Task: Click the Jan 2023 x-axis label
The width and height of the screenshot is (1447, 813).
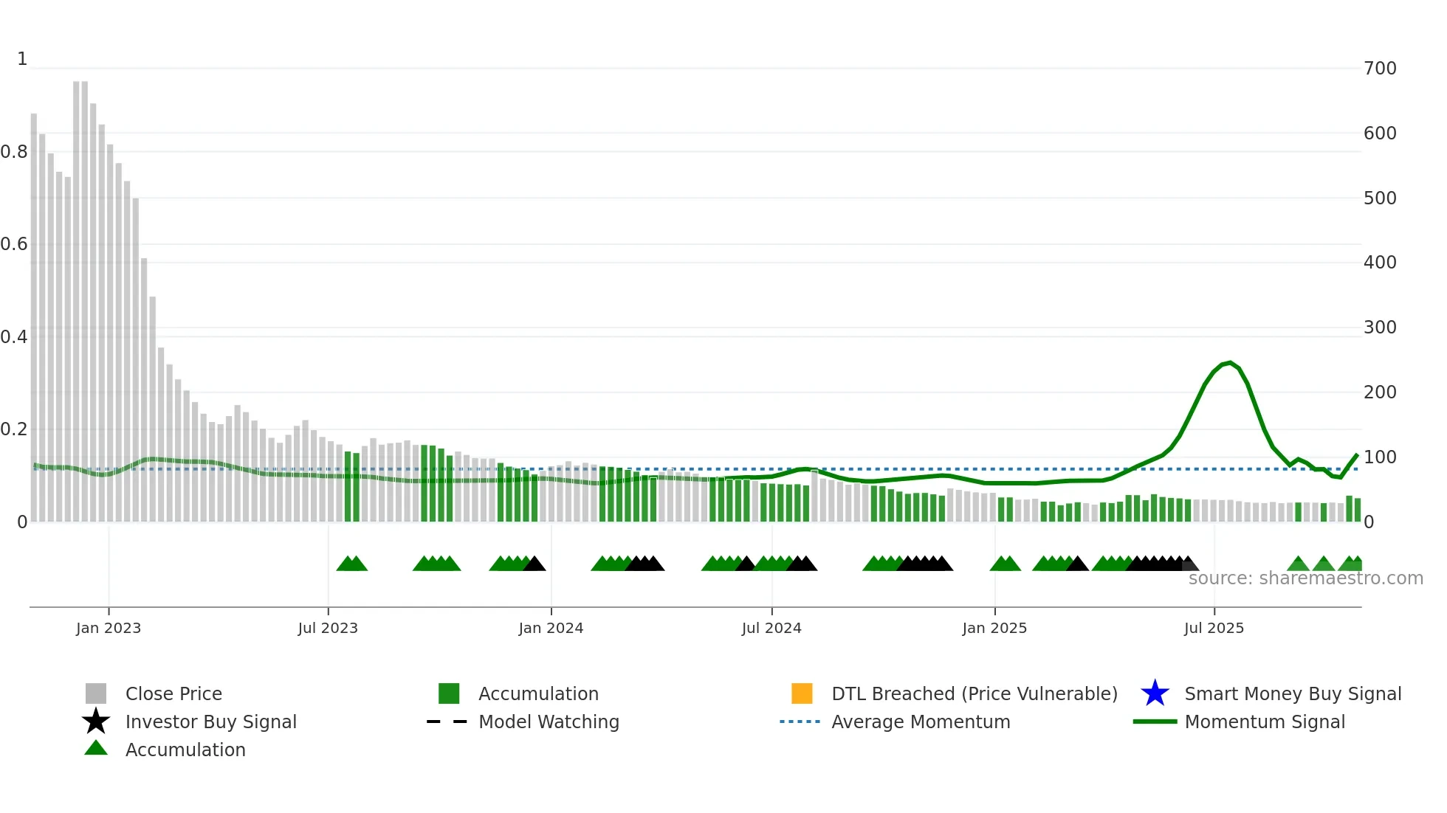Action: coord(108,628)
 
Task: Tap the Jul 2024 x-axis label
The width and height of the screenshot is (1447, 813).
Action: coord(771,628)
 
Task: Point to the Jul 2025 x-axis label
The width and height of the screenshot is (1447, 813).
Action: coord(1214,628)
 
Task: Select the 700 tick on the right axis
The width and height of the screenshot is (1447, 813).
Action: coord(1380,69)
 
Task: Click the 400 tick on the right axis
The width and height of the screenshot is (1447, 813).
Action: coord(1380,263)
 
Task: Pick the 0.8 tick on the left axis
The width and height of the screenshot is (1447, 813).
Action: coord(14,152)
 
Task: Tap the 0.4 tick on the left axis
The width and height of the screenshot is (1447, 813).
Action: coord(14,337)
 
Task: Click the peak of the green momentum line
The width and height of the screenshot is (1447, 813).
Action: coord(1229,362)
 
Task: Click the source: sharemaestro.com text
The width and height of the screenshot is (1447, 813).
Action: coord(1305,578)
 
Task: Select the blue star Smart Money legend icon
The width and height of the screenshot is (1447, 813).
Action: coord(1155,693)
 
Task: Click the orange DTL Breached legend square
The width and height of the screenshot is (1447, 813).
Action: coord(802,693)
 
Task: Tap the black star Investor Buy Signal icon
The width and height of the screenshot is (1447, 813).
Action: coord(96,722)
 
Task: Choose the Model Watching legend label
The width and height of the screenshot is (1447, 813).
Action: coord(549,722)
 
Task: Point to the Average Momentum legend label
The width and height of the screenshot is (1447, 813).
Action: coord(921,722)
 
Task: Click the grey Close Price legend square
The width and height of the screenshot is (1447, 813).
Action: coord(96,693)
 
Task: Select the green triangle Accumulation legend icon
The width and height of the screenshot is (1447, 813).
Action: coord(96,748)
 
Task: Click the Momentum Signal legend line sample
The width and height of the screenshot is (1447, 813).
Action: coord(1155,722)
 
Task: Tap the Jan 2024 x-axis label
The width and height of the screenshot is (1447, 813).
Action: coord(551,628)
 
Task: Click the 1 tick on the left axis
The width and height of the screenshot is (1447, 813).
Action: coord(22,59)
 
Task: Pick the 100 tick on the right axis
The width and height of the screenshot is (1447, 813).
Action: coord(1380,457)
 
